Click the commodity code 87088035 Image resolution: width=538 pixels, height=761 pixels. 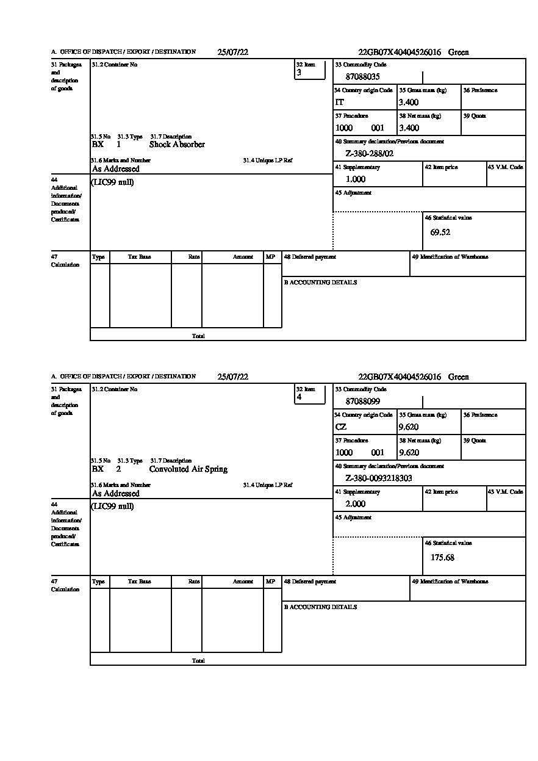pyautogui.click(x=362, y=77)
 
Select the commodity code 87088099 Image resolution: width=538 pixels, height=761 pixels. pyautogui.click(x=362, y=402)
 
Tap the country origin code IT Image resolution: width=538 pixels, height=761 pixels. pyautogui.click(x=340, y=103)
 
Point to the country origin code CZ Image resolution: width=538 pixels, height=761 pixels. pyautogui.click(x=341, y=427)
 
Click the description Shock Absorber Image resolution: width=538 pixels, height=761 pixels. pyautogui.click(x=177, y=145)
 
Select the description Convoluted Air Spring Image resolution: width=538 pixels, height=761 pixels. pyautogui.click(x=188, y=469)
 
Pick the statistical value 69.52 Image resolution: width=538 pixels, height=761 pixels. pyautogui.click(x=440, y=233)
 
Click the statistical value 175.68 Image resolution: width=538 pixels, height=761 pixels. pyautogui.click(x=442, y=557)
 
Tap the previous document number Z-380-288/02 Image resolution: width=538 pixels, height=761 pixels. pyautogui.click(x=370, y=154)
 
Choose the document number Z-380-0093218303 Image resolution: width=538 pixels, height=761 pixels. pyautogui.click(x=379, y=478)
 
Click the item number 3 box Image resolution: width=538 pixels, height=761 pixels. pyautogui.click(x=310, y=70)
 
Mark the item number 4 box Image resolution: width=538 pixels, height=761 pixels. pyautogui.click(x=310, y=395)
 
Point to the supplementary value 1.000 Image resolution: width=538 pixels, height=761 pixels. pyautogui.click(x=356, y=179)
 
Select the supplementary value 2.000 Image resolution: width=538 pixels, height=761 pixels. pyautogui.click(x=356, y=504)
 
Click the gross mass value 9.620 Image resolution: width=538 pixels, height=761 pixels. pyautogui.click(x=409, y=427)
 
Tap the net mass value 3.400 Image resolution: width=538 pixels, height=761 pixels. pyautogui.click(x=409, y=128)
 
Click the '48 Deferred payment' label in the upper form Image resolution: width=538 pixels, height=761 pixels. pyautogui.click(x=310, y=257)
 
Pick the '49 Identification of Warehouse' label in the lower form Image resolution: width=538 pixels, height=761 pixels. pyautogui.click(x=450, y=582)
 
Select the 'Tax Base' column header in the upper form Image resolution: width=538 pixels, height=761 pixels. pyautogui.click(x=140, y=258)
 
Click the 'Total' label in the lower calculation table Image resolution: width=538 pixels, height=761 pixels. pyautogui.click(x=198, y=661)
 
